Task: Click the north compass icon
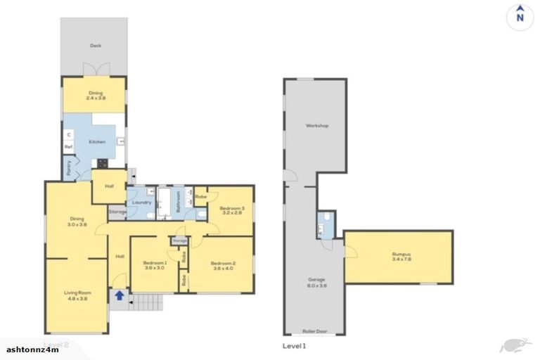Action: pyautogui.click(x=519, y=15)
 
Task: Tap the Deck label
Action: pyautogui.click(x=95, y=46)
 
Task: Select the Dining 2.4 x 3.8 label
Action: pyautogui.click(x=95, y=96)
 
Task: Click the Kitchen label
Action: pyautogui.click(x=96, y=142)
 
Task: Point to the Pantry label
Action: pyautogui.click(x=69, y=169)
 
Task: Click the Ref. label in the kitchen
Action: pyautogui.click(x=69, y=146)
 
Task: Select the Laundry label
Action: pyautogui.click(x=142, y=203)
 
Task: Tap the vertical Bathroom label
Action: pyautogui.click(x=179, y=202)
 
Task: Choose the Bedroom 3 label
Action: pyautogui.click(x=231, y=210)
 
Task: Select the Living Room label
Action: pyautogui.click(x=77, y=298)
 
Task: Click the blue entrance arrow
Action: pyautogui.click(x=119, y=296)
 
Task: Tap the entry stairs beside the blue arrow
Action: pyautogui.click(x=144, y=303)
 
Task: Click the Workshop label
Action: pyautogui.click(x=316, y=126)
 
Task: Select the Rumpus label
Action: pyautogui.click(x=399, y=257)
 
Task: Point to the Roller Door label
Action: pyautogui.click(x=314, y=329)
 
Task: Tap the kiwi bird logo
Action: pyautogui.click(x=511, y=345)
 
